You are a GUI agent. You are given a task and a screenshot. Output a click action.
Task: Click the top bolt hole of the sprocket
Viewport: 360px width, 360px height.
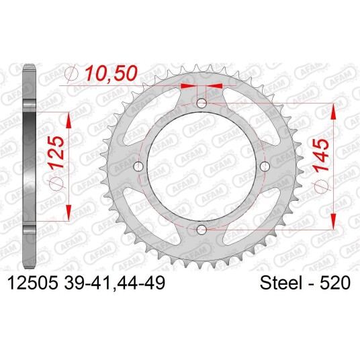201,103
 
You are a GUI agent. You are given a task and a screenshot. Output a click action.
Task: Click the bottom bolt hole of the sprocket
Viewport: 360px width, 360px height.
201,228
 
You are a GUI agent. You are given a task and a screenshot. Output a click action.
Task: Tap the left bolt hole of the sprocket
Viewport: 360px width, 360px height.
138,166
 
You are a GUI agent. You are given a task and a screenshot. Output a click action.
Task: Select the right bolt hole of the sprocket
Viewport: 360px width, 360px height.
265,166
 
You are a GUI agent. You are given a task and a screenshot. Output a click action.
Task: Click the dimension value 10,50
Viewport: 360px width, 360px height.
111,73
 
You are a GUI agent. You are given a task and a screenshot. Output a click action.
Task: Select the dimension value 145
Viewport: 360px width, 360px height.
321,154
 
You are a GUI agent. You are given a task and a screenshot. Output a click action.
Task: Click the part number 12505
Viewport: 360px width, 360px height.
32,283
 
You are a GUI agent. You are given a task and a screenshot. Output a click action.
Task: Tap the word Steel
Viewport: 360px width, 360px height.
281,283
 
